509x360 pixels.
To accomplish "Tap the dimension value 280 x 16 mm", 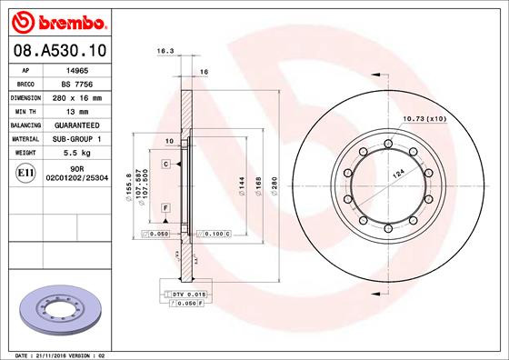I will click(x=78, y=96).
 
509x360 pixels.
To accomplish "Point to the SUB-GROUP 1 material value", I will click(x=76, y=138).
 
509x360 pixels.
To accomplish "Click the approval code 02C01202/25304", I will click(x=78, y=179).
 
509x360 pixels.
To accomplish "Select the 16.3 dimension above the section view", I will click(x=165, y=53).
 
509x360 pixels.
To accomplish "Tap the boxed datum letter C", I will click(x=166, y=164).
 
